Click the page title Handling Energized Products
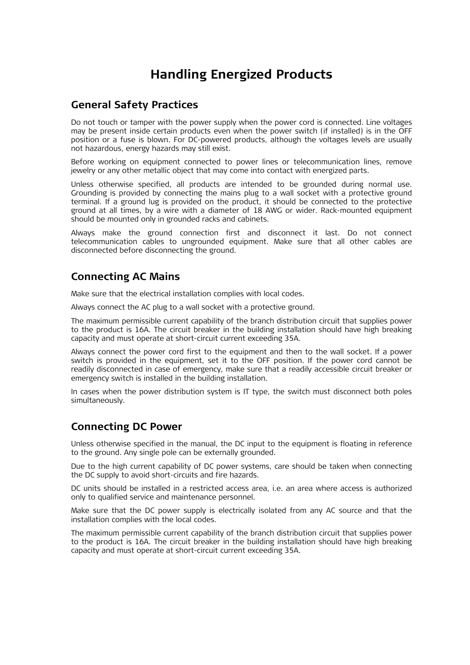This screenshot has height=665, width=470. pyautogui.click(x=241, y=75)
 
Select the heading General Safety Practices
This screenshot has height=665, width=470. pyautogui.click(x=134, y=105)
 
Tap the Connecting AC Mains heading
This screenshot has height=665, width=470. pyautogui.click(x=125, y=277)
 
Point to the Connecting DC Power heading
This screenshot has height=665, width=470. pyautogui.click(x=126, y=427)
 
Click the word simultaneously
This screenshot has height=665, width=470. pyautogui.click(x=97, y=400)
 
